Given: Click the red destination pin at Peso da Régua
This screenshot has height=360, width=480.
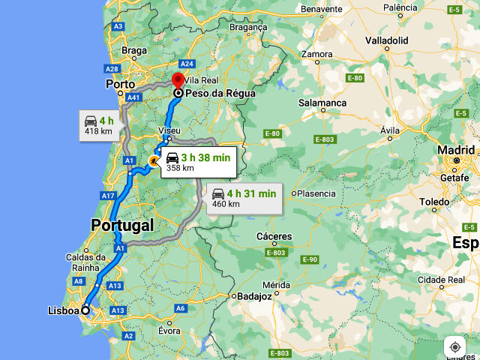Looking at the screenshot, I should [178, 81].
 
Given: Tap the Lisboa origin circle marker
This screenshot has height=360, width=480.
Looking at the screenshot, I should [85, 310].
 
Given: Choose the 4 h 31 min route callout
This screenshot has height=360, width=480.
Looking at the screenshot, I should [244, 198].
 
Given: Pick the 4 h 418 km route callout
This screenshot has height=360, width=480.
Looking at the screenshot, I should [98, 125].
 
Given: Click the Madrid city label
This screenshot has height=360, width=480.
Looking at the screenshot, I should [456, 149].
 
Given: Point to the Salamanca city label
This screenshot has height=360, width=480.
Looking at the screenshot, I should [322, 103].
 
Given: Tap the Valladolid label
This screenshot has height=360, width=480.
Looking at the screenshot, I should [387, 40].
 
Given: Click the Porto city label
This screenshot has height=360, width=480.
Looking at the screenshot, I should [120, 85].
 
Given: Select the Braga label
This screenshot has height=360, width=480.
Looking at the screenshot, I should [133, 51].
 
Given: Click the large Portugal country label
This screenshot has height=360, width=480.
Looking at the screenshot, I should [122, 225].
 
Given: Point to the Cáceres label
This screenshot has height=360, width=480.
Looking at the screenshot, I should [274, 236].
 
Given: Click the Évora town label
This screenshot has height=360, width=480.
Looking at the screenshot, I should [169, 331].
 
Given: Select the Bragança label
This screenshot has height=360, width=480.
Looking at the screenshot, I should [247, 27].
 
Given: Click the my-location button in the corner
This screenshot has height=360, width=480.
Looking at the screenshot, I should [454, 347].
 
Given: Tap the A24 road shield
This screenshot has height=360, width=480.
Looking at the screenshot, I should [187, 64].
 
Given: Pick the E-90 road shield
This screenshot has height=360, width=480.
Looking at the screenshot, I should [310, 259].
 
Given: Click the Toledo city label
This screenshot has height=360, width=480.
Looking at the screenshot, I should [434, 202].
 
